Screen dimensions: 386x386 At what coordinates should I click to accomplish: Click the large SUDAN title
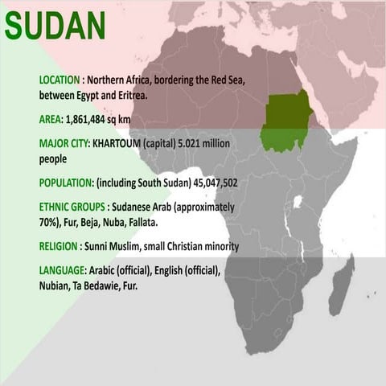point(55,27)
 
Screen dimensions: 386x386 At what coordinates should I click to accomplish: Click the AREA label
point(51,120)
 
